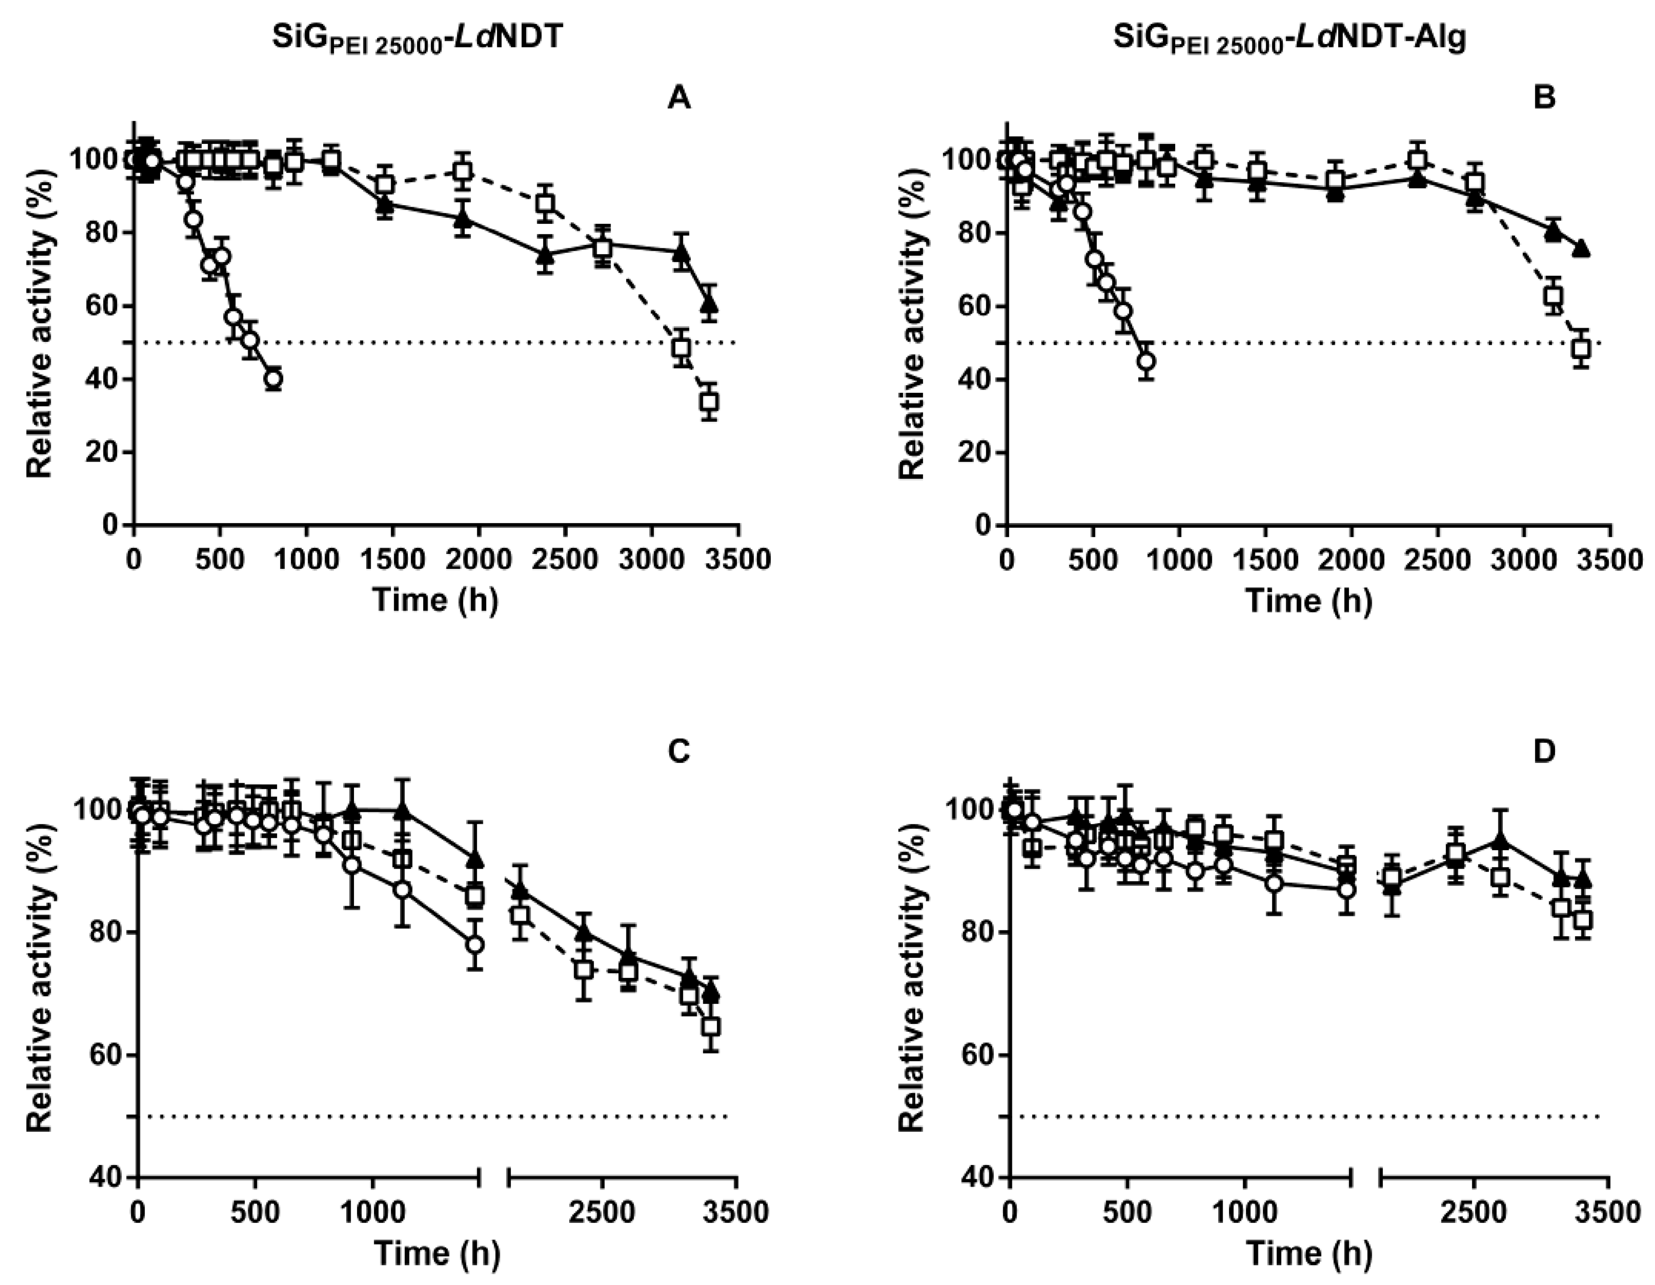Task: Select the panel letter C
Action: (x=679, y=750)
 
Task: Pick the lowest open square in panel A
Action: (x=709, y=402)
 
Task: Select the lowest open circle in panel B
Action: (x=1147, y=361)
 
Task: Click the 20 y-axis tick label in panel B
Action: (x=974, y=452)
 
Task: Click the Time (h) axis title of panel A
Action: (x=436, y=600)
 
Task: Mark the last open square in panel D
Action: (x=1583, y=920)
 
